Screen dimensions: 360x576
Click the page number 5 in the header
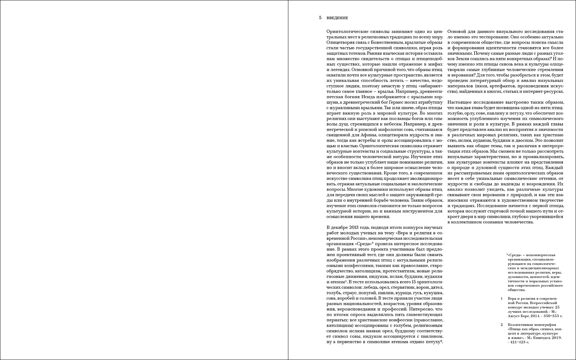coord(320,18)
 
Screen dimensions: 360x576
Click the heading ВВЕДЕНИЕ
coord(337,18)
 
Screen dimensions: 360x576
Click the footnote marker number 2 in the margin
coord(502,325)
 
